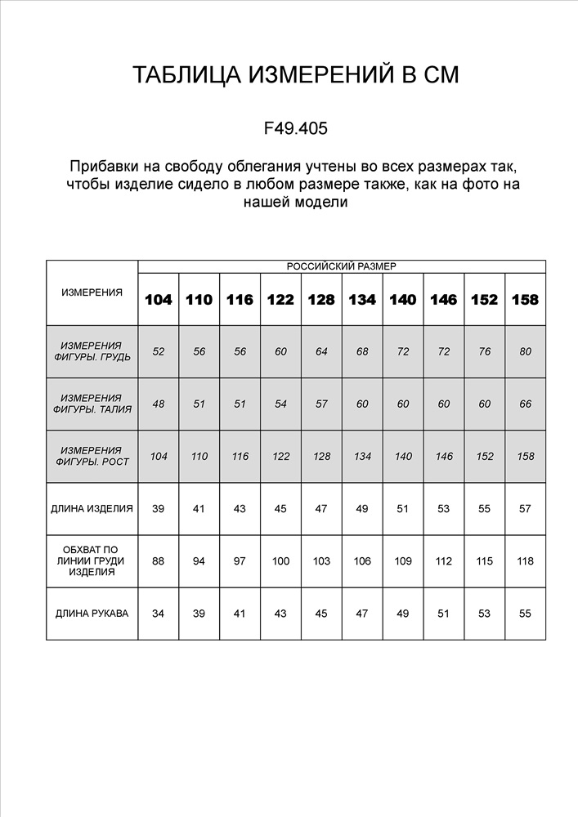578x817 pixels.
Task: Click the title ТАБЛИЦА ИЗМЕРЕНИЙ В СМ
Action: pyautogui.click(x=295, y=75)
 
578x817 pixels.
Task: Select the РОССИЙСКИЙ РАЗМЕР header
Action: pyautogui.click(x=341, y=266)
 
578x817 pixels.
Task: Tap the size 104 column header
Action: pyautogui.click(x=159, y=299)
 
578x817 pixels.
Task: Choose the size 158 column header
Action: pyautogui.click(x=525, y=299)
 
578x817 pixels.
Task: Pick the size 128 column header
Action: pyautogui.click(x=321, y=299)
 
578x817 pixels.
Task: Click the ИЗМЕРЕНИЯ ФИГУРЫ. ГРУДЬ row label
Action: pyautogui.click(x=92, y=351)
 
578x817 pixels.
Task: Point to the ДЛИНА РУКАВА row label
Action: pyautogui.click(x=92, y=614)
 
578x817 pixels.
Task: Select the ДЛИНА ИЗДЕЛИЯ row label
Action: pyautogui.click(x=92, y=508)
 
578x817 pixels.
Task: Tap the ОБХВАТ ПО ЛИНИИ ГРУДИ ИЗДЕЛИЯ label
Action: pyautogui.click(x=92, y=561)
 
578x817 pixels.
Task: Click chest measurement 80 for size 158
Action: pyautogui.click(x=525, y=351)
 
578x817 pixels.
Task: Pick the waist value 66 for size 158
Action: pyautogui.click(x=525, y=404)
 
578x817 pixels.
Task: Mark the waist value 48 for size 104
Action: pyautogui.click(x=159, y=404)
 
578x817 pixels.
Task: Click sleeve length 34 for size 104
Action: pyautogui.click(x=159, y=614)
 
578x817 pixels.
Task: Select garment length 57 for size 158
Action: pyautogui.click(x=525, y=508)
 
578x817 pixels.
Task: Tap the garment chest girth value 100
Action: pyautogui.click(x=280, y=561)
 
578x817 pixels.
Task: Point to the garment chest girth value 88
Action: pyautogui.click(x=159, y=561)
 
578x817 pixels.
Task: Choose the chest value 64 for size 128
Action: pyautogui.click(x=321, y=351)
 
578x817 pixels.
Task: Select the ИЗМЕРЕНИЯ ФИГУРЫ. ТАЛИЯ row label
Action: pyautogui.click(x=92, y=404)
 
